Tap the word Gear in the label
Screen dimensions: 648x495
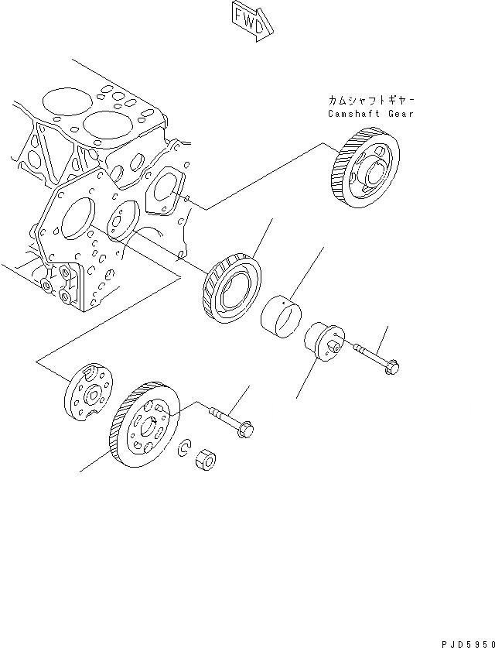click(x=401, y=114)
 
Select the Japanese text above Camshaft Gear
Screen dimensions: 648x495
click(x=370, y=100)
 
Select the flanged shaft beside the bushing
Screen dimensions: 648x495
click(x=323, y=341)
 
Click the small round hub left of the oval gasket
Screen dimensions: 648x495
click(x=121, y=220)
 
